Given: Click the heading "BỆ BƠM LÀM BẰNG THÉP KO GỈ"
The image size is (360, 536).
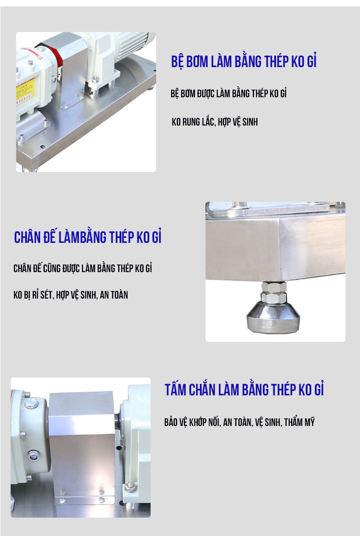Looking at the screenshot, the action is tap(244, 62).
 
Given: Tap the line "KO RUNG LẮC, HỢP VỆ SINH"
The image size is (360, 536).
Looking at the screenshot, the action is tap(215, 122).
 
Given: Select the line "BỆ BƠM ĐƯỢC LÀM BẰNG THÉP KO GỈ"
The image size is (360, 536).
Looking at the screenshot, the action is tap(229, 93).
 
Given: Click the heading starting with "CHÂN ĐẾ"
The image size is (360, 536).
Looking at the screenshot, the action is tap(88, 237).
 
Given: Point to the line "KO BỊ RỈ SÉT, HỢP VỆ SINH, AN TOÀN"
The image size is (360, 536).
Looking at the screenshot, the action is tap(71, 294).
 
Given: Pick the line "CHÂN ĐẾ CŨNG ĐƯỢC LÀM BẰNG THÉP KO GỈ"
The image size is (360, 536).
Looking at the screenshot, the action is tap(83, 268).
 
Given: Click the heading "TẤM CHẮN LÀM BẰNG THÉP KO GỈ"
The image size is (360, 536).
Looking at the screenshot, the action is tap(244, 389).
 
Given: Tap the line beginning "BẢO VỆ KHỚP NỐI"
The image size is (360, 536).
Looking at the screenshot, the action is tap(240, 422).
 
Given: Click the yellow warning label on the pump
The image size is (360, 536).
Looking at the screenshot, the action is tap(25, 91).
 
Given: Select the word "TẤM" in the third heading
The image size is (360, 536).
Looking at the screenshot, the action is tap(176, 389).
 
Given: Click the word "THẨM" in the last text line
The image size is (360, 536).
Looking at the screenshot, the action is tap(293, 422).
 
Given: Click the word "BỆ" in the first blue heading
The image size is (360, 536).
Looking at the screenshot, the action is tap(177, 62).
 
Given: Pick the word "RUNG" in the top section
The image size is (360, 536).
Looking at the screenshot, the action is tap(192, 122).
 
